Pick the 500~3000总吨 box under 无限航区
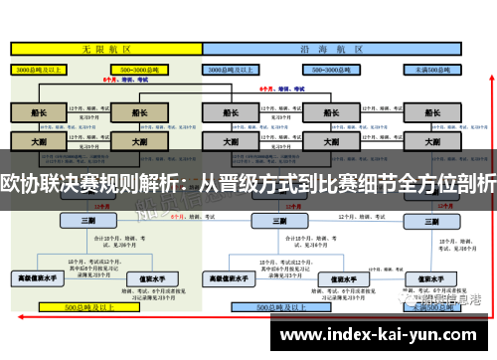coord(141,71)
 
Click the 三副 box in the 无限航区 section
coord(88,220)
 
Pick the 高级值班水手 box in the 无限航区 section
coord(37,276)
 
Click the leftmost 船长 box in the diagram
coord(39,113)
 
